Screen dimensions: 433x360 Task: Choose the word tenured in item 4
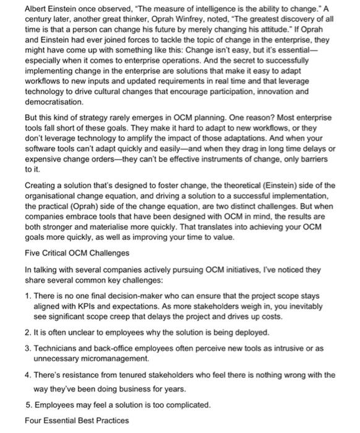(126, 375)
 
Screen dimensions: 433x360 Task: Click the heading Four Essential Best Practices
(67, 421)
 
